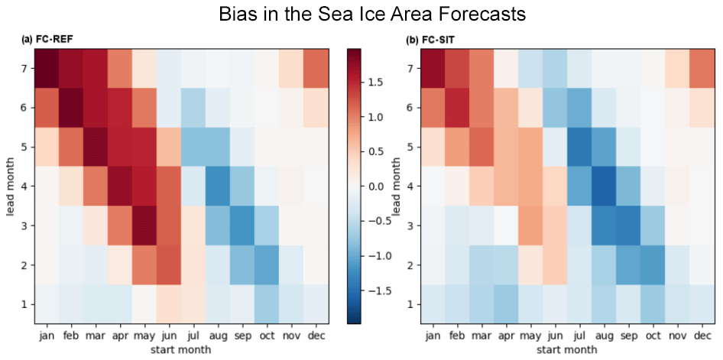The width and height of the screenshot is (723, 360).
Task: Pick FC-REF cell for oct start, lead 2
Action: coord(264,264)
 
